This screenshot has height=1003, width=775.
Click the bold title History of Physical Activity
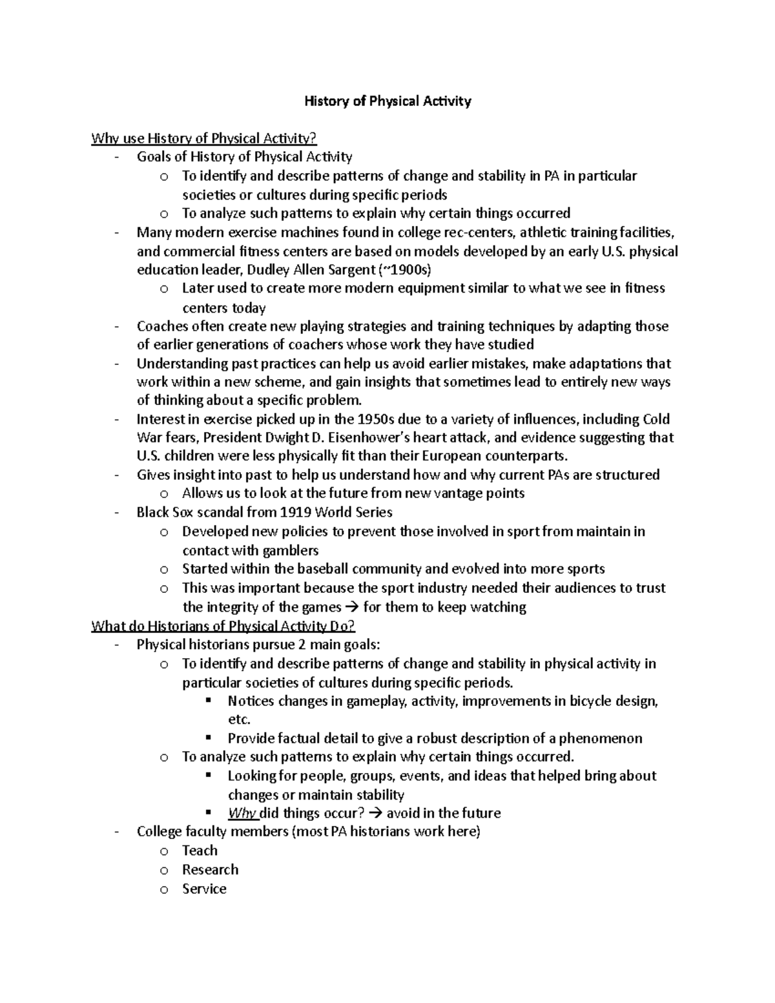[387, 101]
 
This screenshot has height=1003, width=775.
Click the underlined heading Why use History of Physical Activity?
[204, 138]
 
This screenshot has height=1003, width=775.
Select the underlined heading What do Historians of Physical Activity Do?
[223, 626]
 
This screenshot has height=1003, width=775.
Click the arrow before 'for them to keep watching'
[352, 607]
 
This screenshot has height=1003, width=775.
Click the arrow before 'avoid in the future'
[375, 813]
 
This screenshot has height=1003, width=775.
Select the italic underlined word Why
[242, 813]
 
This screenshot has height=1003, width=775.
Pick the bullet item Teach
[200, 851]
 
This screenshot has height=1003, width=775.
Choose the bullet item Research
[210, 870]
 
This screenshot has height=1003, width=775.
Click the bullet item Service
[204, 889]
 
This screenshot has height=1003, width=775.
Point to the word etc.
[238, 719]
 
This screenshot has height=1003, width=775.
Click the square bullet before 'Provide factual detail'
[208, 738]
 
